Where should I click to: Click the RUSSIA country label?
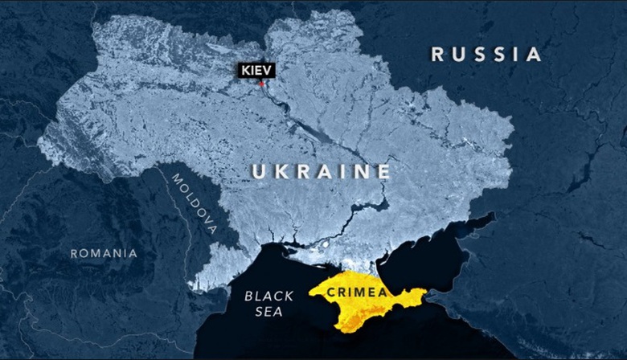pyautogui.click(x=486, y=55)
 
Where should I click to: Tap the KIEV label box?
pyautogui.click(x=256, y=71)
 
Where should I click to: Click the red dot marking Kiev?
pyautogui.click(x=261, y=83)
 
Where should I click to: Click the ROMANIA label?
pyautogui.click(x=104, y=253)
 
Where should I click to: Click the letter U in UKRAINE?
pyautogui.click(x=259, y=172)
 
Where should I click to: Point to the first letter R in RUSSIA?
pyautogui.click(x=438, y=55)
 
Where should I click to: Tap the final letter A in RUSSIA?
pyautogui.click(x=533, y=55)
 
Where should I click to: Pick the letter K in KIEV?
pyautogui.click(x=244, y=71)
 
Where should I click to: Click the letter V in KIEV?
pyautogui.click(x=268, y=71)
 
